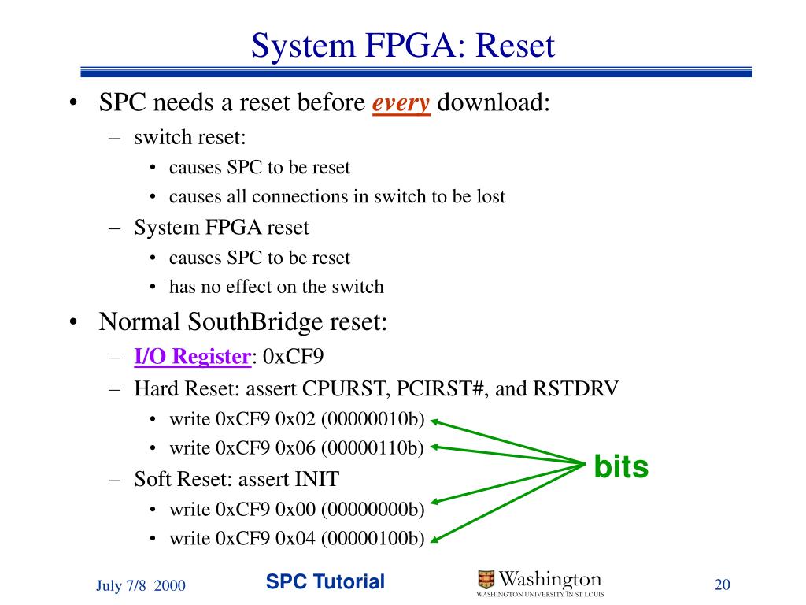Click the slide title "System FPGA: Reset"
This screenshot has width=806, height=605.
click(x=403, y=45)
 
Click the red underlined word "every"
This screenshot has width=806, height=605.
click(x=401, y=103)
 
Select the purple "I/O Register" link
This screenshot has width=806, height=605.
click(x=192, y=357)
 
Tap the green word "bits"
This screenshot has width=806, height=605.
click(x=621, y=467)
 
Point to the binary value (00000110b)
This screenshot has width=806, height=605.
click(x=372, y=448)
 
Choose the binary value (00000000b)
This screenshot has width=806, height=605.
click(x=372, y=509)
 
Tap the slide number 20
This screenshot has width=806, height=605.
click(x=723, y=585)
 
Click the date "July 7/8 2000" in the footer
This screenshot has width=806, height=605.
click(x=141, y=585)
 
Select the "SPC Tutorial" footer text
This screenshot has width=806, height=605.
click(x=325, y=582)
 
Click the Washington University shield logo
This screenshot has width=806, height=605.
click(x=486, y=580)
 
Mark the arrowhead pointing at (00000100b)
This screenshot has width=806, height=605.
click(x=434, y=539)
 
